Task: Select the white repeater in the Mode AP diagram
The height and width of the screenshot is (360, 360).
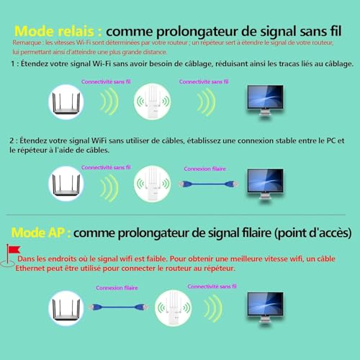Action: (x=173, y=306)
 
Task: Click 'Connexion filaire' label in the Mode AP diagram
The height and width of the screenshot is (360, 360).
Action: (x=117, y=286)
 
